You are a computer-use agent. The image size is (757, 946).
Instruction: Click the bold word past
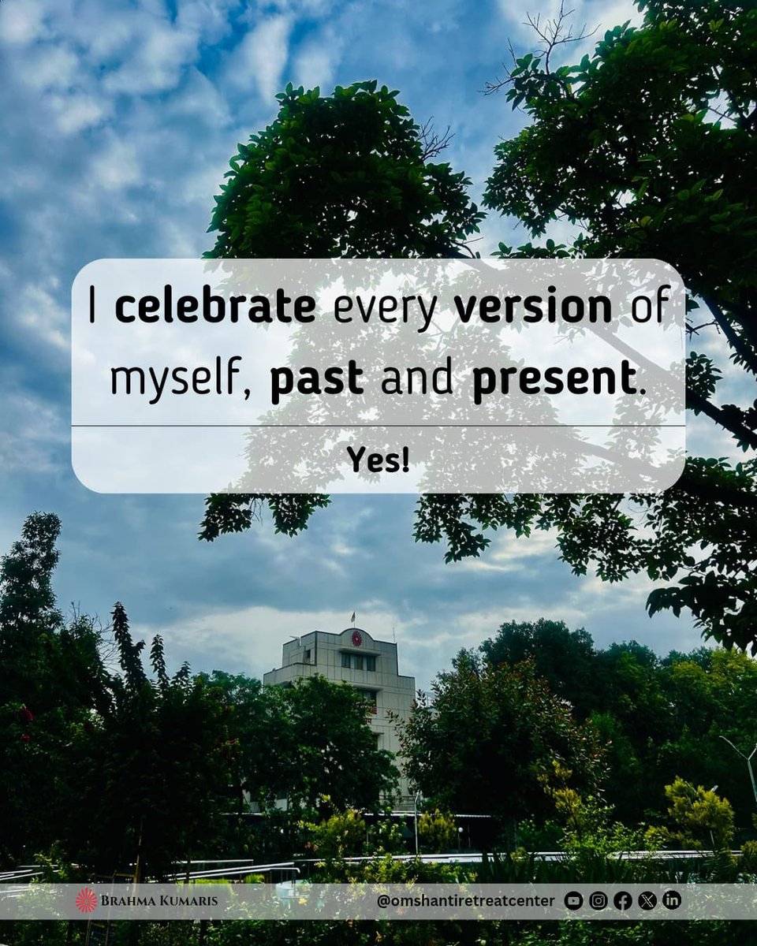click(316, 382)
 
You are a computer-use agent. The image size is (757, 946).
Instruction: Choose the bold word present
click(554, 382)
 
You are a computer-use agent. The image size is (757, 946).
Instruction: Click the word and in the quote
click(416, 380)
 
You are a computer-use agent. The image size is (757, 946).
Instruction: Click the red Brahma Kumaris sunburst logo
click(87, 900)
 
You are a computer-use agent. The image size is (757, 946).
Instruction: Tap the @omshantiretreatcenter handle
click(465, 900)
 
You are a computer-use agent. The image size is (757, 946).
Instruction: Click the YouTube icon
click(574, 900)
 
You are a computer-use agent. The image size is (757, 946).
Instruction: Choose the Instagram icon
click(599, 900)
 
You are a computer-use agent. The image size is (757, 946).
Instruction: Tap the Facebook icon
click(623, 900)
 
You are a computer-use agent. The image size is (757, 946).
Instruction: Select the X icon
click(647, 900)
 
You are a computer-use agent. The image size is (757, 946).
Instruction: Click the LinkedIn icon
click(672, 900)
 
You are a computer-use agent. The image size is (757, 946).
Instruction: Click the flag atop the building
click(352, 616)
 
